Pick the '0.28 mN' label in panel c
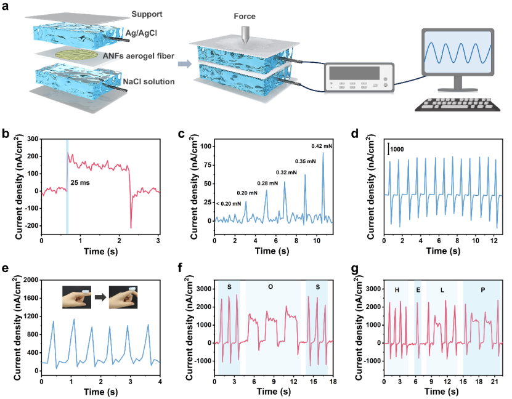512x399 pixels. point(266,183)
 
